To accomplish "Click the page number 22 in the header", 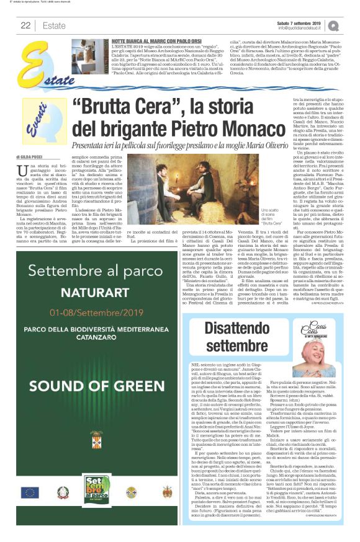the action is (x=25, y=25).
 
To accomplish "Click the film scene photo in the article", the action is (x=160, y=187).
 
